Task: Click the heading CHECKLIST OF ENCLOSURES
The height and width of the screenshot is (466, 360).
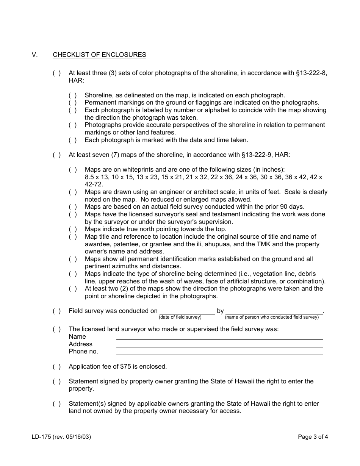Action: [x=99, y=55]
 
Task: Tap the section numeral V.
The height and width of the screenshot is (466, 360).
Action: [x=35, y=55]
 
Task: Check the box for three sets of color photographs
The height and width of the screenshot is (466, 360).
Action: [x=56, y=73]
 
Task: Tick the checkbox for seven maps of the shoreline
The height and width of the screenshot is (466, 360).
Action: [x=56, y=155]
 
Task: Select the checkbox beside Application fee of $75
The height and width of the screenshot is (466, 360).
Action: [x=56, y=367]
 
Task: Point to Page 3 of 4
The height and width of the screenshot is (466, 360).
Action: [x=313, y=437]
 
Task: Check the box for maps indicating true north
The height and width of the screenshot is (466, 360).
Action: [x=72, y=229]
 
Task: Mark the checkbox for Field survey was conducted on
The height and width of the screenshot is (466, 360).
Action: [x=56, y=311]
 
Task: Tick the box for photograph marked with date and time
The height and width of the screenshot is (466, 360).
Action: [x=72, y=140]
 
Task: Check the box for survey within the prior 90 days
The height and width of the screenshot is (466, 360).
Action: [x=72, y=207]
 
